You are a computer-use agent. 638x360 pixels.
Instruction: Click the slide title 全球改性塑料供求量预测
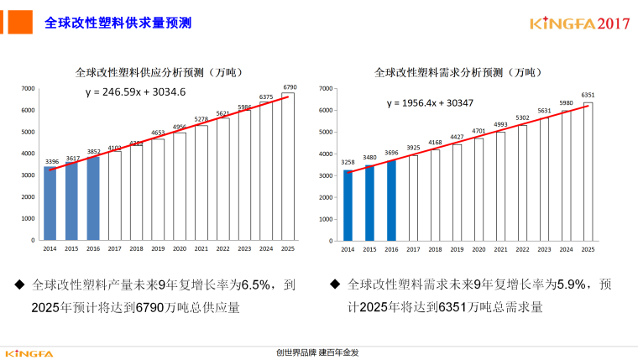tap(118, 23)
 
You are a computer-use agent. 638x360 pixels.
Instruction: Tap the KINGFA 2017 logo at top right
tap(579, 23)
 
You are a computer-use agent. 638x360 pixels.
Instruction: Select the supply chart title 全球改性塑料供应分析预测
tap(158, 72)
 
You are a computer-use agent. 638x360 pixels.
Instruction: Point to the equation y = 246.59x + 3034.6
tap(135, 91)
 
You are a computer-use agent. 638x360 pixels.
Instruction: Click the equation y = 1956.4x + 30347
tap(430, 102)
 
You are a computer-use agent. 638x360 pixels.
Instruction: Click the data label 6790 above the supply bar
tap(290, 86)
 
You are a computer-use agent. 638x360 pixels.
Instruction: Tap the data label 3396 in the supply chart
tap(51, 162)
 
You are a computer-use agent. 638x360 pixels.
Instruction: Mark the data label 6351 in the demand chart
tap(588, 96)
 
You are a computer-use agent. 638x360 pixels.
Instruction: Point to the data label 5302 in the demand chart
tap(522, 118)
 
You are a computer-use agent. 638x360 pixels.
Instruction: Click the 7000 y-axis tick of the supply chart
tap(28, 88)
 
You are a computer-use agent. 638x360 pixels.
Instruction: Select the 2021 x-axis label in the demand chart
tap(500, 249)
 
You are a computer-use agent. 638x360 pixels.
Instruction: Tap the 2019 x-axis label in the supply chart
tap(158, 249)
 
